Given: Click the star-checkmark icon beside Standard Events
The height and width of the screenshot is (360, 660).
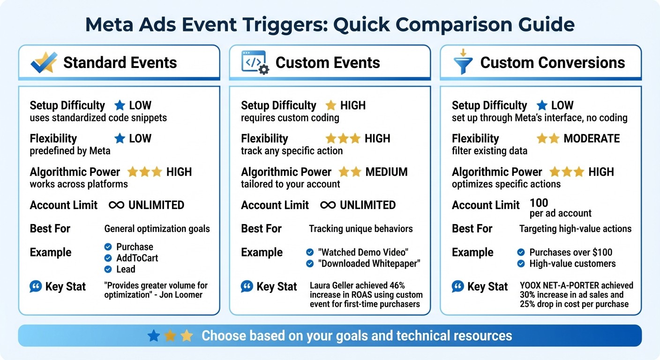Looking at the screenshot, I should (44, 62).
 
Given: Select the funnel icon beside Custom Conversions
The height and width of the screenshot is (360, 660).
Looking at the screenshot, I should (463, 62).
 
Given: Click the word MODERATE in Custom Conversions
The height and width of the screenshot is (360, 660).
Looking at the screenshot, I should (592, 139).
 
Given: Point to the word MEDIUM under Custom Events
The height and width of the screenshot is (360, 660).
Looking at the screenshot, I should (386, 172).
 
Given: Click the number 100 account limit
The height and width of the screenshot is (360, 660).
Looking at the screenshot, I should (539, 203).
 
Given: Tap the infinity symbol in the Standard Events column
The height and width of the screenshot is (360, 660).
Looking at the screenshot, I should (116, 205).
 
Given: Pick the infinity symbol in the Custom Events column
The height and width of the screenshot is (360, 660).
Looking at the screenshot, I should (328, 205).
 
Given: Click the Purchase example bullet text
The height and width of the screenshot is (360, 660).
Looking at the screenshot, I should (135, 247).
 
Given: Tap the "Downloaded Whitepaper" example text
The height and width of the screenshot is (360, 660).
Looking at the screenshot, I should (369, 263).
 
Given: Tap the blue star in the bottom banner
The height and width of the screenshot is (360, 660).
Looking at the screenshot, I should (153, 336).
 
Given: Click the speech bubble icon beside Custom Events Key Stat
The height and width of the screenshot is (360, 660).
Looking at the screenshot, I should (247, 286).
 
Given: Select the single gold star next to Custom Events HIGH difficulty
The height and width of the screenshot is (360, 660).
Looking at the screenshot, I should (331, 105).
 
